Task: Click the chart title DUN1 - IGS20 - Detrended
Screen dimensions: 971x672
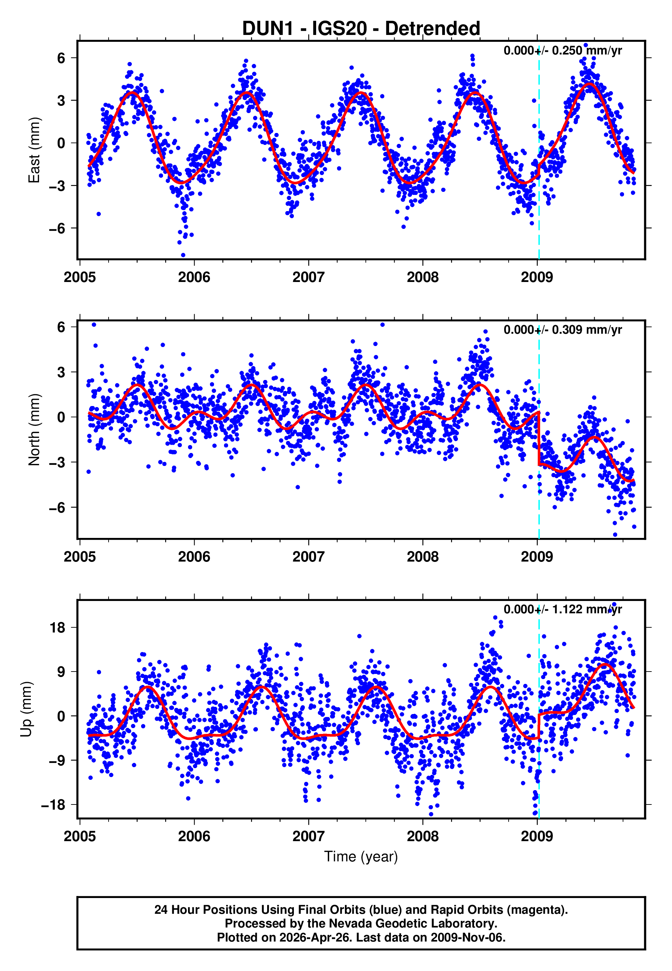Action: click(x=361, y=29)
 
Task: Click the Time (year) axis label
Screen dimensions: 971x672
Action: click(x=361, y=857)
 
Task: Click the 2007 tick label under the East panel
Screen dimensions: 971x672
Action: click(x=308, y=277)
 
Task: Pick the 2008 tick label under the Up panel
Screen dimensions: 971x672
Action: click(x=422, y=836)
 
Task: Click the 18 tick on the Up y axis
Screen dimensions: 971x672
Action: click(x=58, y=627)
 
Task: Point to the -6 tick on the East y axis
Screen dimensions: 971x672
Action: click(x=57, y=228)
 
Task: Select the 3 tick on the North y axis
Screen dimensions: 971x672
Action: click(x=61, y=372)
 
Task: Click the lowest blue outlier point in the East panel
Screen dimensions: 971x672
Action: click(x=183, y=255)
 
